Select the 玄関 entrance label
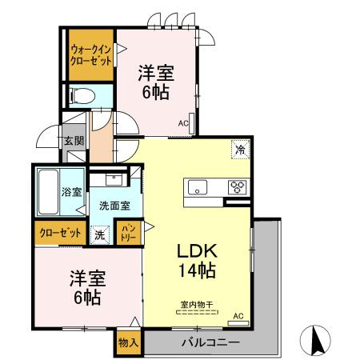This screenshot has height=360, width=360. (x=74, y=142)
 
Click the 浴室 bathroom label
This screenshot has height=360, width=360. (x=72, y=192)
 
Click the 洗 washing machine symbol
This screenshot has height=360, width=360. (x=100, y=234)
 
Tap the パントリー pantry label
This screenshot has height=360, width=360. (x=127, y=234)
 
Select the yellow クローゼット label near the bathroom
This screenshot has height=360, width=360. (x=60, y=234)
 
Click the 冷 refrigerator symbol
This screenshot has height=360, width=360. (x=239, y=149)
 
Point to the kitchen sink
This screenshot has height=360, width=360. (x=198, y=188)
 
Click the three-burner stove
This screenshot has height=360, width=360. (x=237, y=188)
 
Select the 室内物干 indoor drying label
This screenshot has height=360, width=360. (x=195, y=304)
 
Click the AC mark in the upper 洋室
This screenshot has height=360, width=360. (x=183, y=123)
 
